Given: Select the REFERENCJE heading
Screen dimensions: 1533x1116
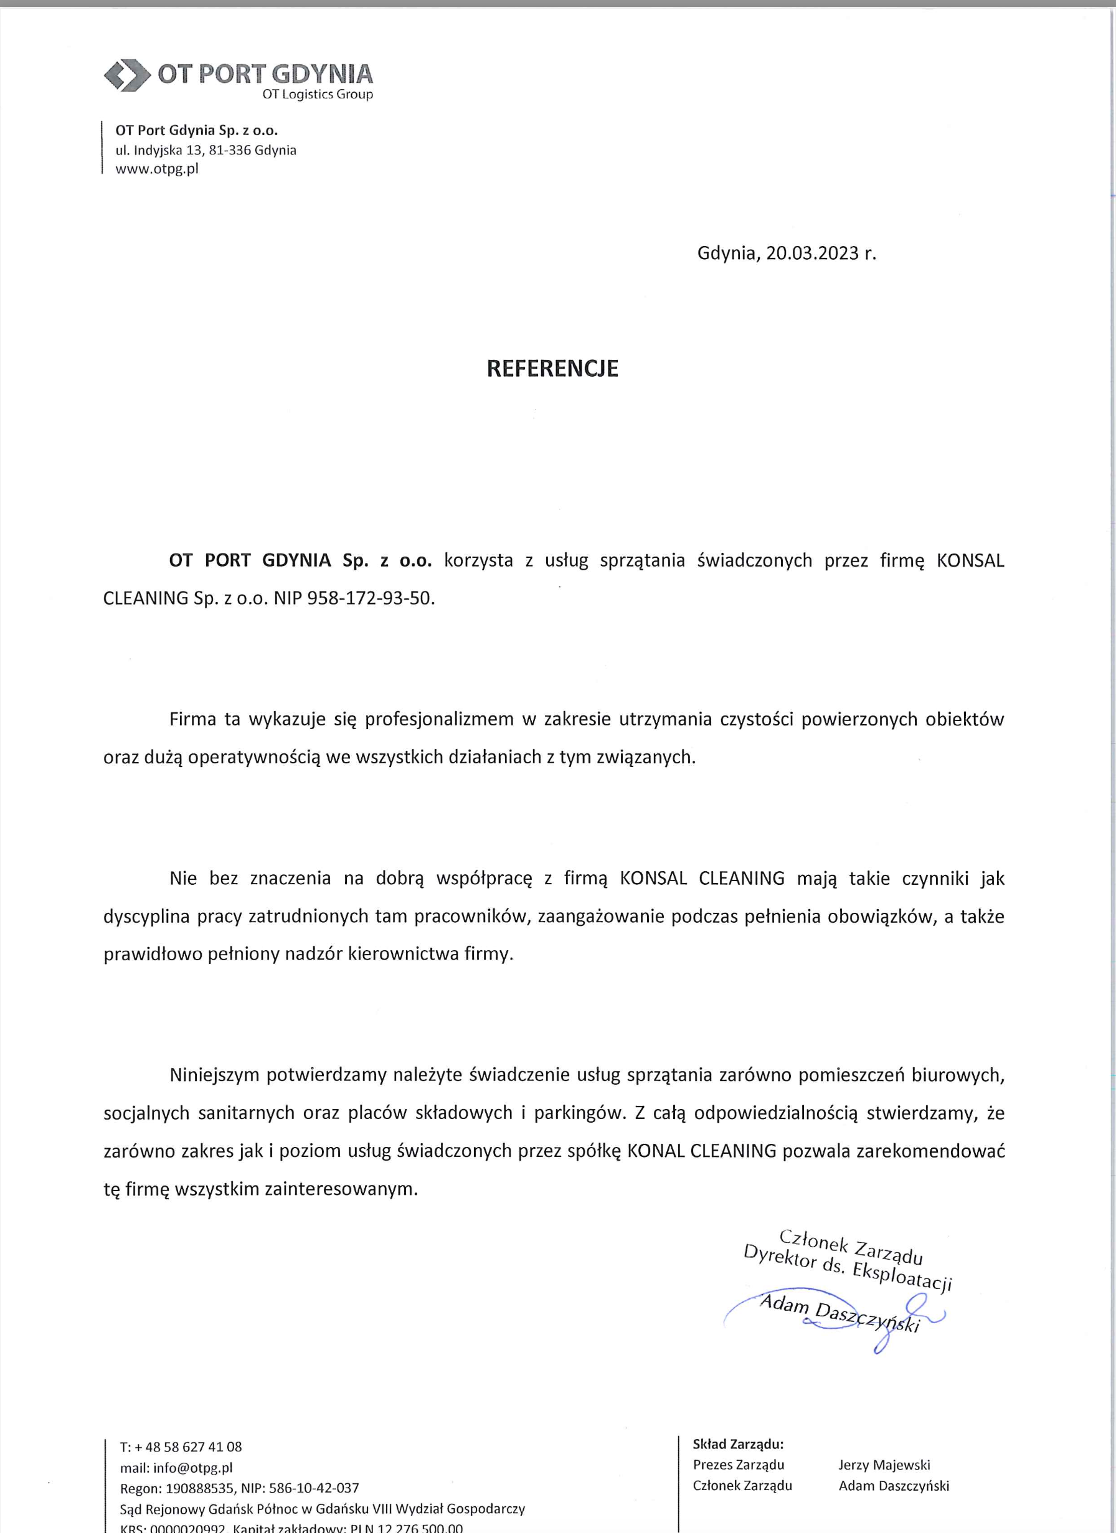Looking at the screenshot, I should pos(552,369).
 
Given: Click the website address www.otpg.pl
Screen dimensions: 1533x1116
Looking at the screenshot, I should pos(157,169).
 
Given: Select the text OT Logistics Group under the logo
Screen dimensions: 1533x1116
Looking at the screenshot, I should pos(317,95).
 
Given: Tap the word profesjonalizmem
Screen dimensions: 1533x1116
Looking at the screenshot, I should pos(440,719).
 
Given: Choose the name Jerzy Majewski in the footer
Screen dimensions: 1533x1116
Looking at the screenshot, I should pos(884,1465).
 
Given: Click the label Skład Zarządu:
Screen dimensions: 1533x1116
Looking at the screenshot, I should pos(738,1445).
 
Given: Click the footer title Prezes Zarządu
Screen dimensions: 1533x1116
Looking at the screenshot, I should pos(738,1465).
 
